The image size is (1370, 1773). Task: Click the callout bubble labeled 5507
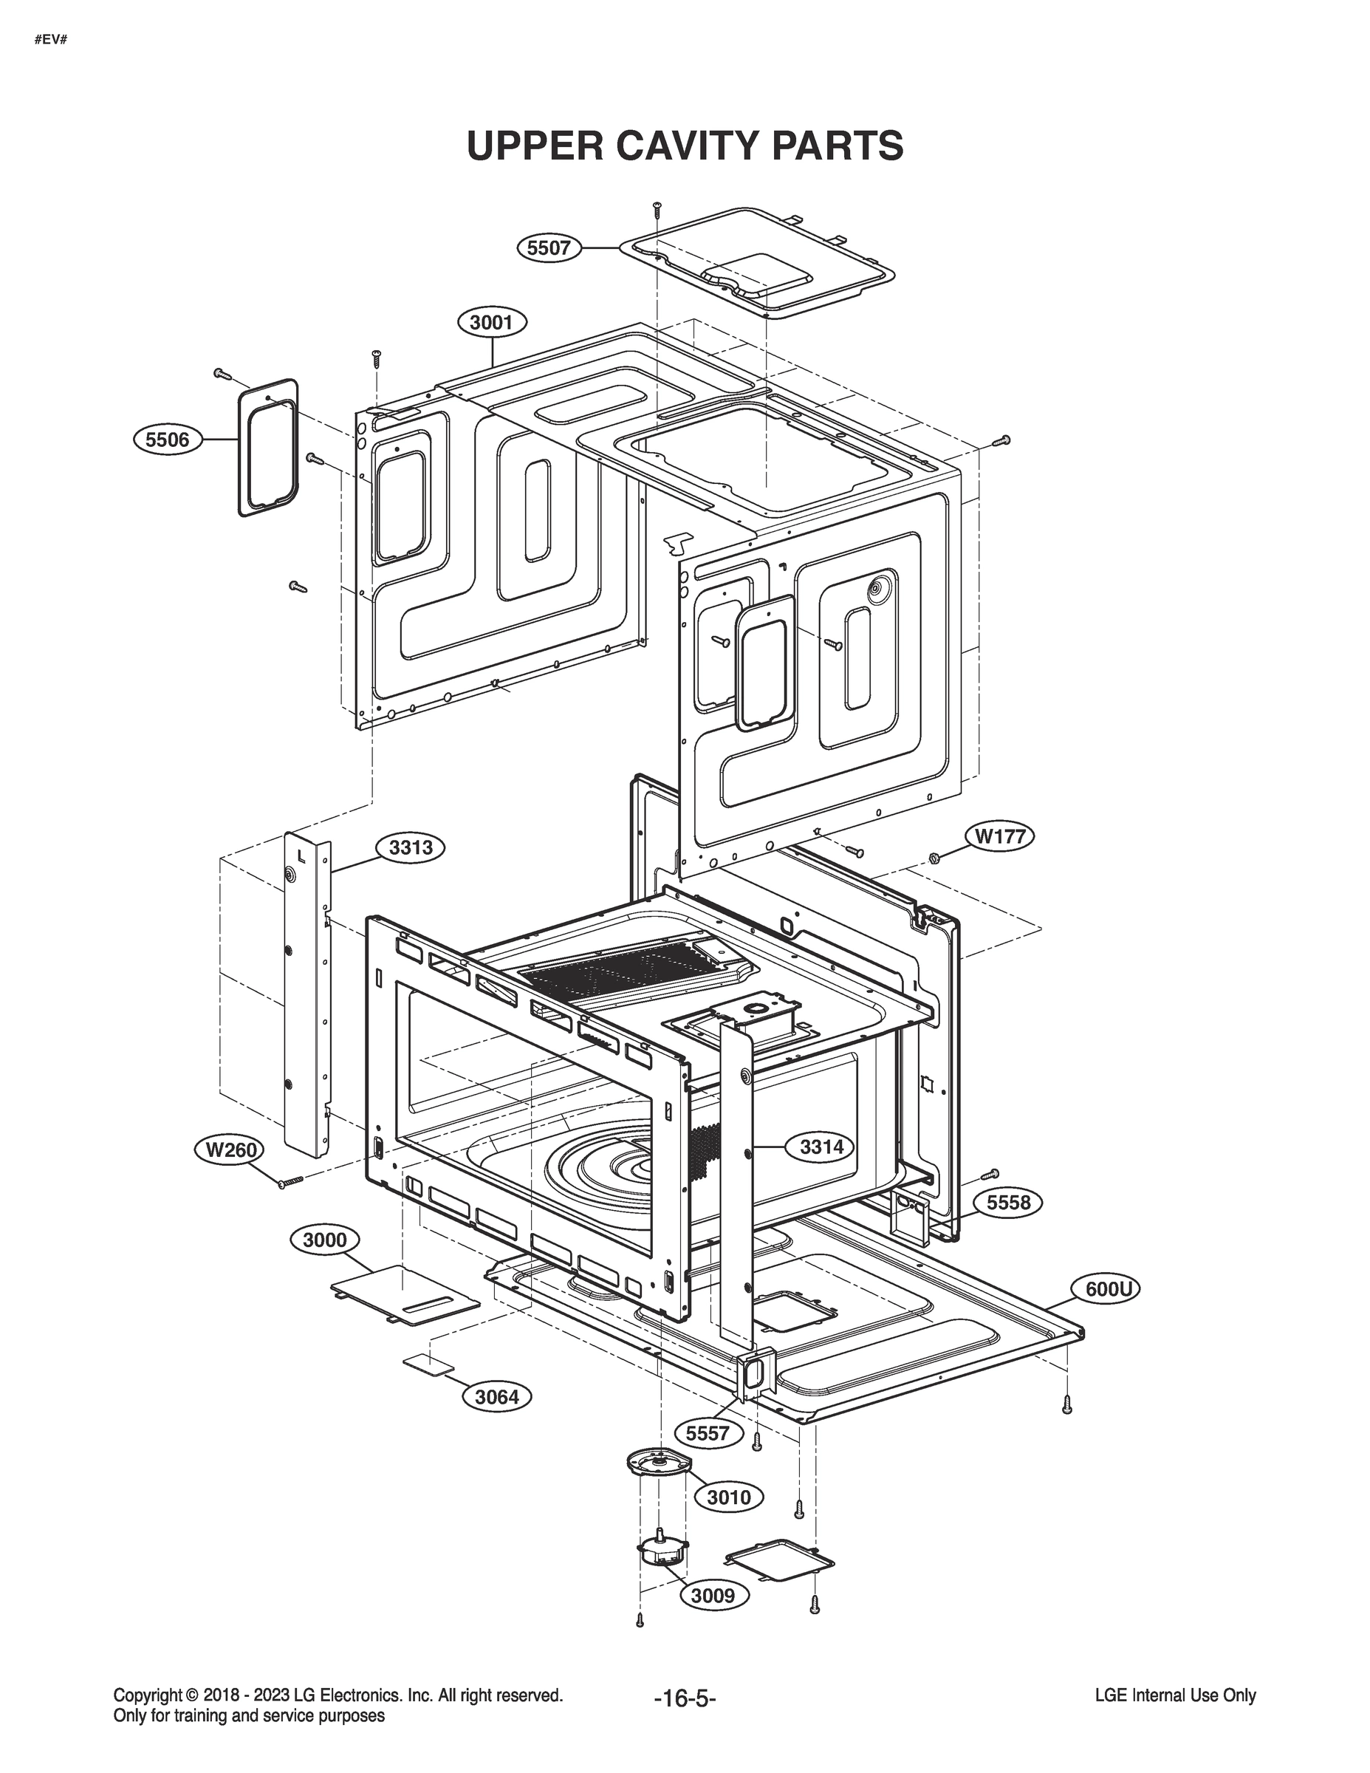[x=549, y=247]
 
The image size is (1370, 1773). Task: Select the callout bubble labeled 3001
[x=492, y=322]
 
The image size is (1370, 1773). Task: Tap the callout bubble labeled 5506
[x=166, y=440]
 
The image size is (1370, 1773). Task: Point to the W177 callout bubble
[x=1000, y=836]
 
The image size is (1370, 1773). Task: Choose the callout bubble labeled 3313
[x=411, y=848]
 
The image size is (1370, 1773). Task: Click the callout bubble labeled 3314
[x=821, y=1147]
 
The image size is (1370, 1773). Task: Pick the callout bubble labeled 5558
[x=1008, y=1202]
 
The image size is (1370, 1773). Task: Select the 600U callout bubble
[x=1108, y=1288]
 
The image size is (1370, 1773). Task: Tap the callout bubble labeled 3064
[x=497, y=1396]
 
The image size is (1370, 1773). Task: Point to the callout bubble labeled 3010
[x=729, y=1496]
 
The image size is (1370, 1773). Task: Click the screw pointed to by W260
[x=290, y=1182]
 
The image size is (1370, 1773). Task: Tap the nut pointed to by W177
[x=934, y=858]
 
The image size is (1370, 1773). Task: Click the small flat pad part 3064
[x=428, y=1364]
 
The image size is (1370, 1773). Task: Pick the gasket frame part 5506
[x=268, y=446]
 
